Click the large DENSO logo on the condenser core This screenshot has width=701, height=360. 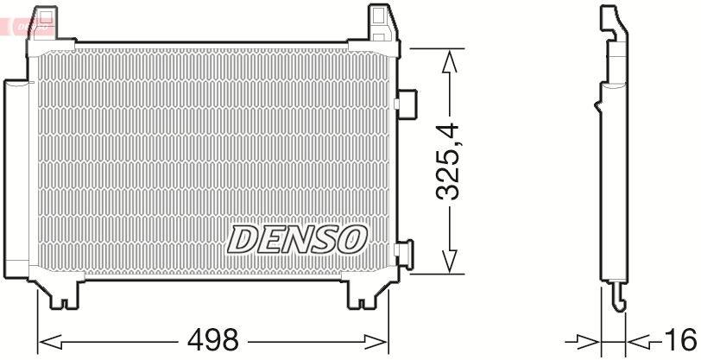pyautogui.click(x=297, y=239)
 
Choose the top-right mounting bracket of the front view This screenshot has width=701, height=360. pyautogui.click(x=381, y=23)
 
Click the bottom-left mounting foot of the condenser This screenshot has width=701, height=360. pyautogui.click(x=60, y=294)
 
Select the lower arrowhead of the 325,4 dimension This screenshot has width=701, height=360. pyautogui.click(x=448, y=263)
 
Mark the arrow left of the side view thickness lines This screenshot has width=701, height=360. pyautogui.click(x=587, y=339)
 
